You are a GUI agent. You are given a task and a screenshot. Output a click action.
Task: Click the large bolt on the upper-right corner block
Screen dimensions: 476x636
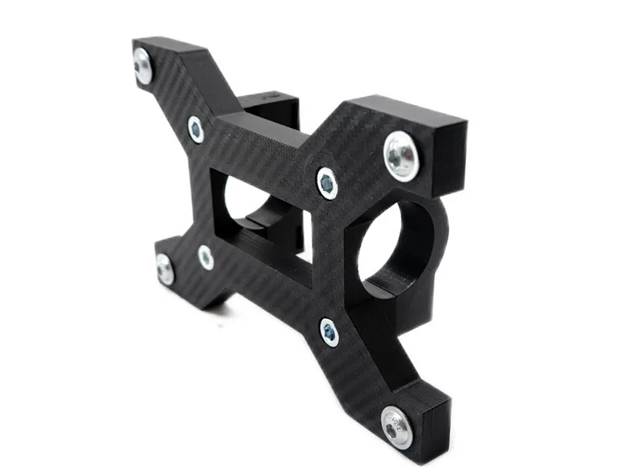tap(401, 156)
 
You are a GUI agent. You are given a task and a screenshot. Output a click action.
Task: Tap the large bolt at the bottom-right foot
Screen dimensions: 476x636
tap(397, 427)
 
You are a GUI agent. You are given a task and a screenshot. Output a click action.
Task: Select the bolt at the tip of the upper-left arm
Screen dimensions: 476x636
tap(143, 66)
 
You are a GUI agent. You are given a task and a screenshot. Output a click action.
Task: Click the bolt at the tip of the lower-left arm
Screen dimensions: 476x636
tap(165, 270)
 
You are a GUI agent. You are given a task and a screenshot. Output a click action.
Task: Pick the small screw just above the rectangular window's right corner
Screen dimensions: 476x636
tap(327, 184)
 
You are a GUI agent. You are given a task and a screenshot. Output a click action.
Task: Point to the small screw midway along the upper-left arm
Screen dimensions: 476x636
tap(196, 129)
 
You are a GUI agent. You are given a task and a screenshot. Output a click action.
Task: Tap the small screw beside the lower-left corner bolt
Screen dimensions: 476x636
tap(205, 257)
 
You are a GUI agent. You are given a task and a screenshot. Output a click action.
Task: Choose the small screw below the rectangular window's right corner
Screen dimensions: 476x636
tap(329, 332)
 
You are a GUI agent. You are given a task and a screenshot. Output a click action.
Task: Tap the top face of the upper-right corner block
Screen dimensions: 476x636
tap(407, 111)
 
